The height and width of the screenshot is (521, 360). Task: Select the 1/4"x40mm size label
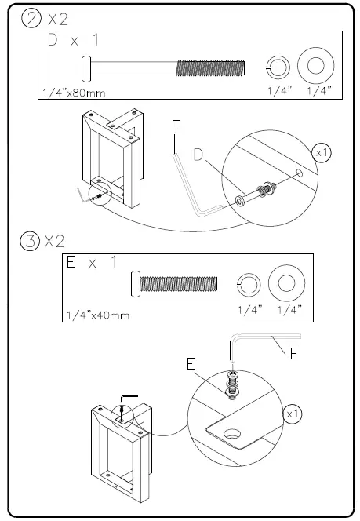tap(96, 315)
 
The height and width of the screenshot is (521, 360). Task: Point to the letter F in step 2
tap(176, 126)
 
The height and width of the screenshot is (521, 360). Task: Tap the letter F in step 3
tap(293, 353)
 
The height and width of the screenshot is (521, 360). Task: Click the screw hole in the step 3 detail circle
tap(234, 432)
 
